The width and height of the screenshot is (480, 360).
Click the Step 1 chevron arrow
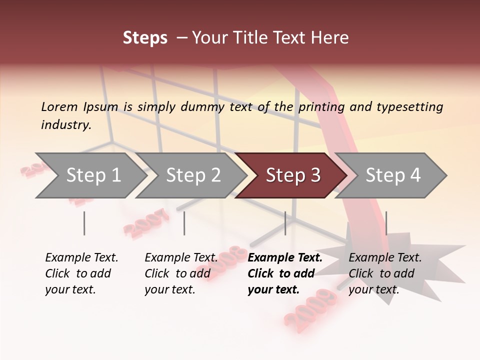90,175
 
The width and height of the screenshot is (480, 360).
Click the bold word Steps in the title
145,38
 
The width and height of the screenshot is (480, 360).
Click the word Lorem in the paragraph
59,106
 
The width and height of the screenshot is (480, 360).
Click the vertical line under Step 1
84,223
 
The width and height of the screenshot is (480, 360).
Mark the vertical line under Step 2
184,223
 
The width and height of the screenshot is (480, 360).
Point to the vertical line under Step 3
285,223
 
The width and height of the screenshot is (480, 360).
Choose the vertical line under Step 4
386,223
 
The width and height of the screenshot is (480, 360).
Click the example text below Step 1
81,273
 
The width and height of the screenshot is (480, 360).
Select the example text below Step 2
181,273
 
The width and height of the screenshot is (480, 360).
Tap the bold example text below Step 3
285,273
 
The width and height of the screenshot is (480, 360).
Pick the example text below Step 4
385,273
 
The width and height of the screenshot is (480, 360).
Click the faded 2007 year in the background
146,223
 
